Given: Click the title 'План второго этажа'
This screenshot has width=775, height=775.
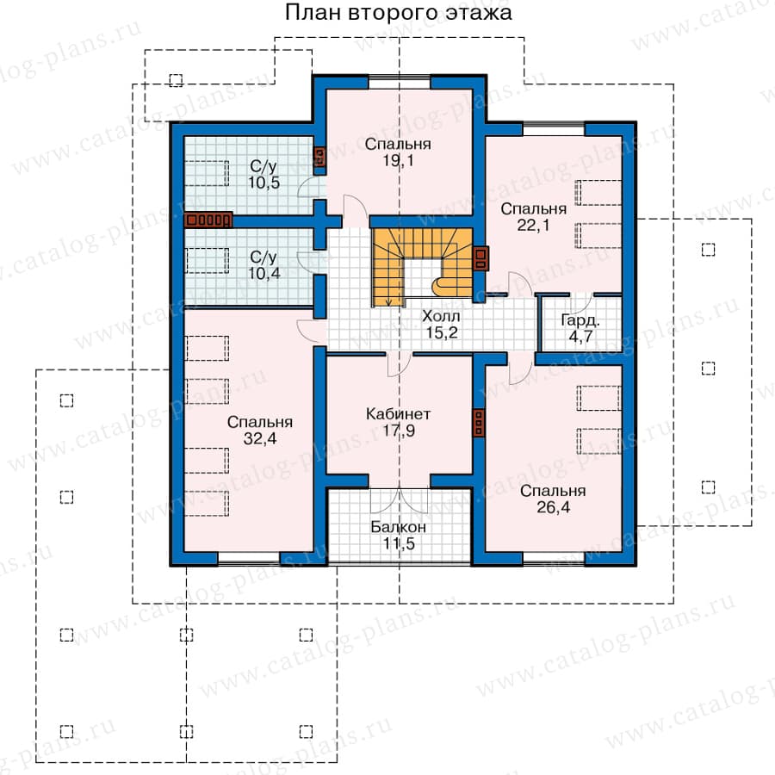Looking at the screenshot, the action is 399,12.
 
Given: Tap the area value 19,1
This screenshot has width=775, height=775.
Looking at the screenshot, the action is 399,160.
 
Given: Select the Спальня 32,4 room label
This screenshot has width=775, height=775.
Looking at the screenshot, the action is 260,430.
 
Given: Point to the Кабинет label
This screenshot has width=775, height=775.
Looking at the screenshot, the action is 398,413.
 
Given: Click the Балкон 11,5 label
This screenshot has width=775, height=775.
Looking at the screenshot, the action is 399,536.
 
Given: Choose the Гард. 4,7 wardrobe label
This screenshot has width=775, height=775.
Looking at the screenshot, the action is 580,328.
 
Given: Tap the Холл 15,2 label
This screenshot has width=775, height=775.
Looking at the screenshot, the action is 442,325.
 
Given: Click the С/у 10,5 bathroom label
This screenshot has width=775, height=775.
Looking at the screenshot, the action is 264,174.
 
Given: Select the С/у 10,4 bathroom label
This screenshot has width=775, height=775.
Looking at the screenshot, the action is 264,265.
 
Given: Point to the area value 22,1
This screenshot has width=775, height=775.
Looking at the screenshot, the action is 533,225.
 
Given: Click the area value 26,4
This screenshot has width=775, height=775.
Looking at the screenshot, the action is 553,507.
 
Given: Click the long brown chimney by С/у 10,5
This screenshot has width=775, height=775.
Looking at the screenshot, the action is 208,220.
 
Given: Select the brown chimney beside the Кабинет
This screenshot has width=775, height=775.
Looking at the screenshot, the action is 479,423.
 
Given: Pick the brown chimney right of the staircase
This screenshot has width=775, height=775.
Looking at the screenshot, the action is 480,258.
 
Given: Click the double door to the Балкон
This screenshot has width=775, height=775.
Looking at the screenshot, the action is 400,499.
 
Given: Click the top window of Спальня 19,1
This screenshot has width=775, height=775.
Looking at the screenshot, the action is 400,82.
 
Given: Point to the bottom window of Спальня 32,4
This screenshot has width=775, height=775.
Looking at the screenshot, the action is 249,559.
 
